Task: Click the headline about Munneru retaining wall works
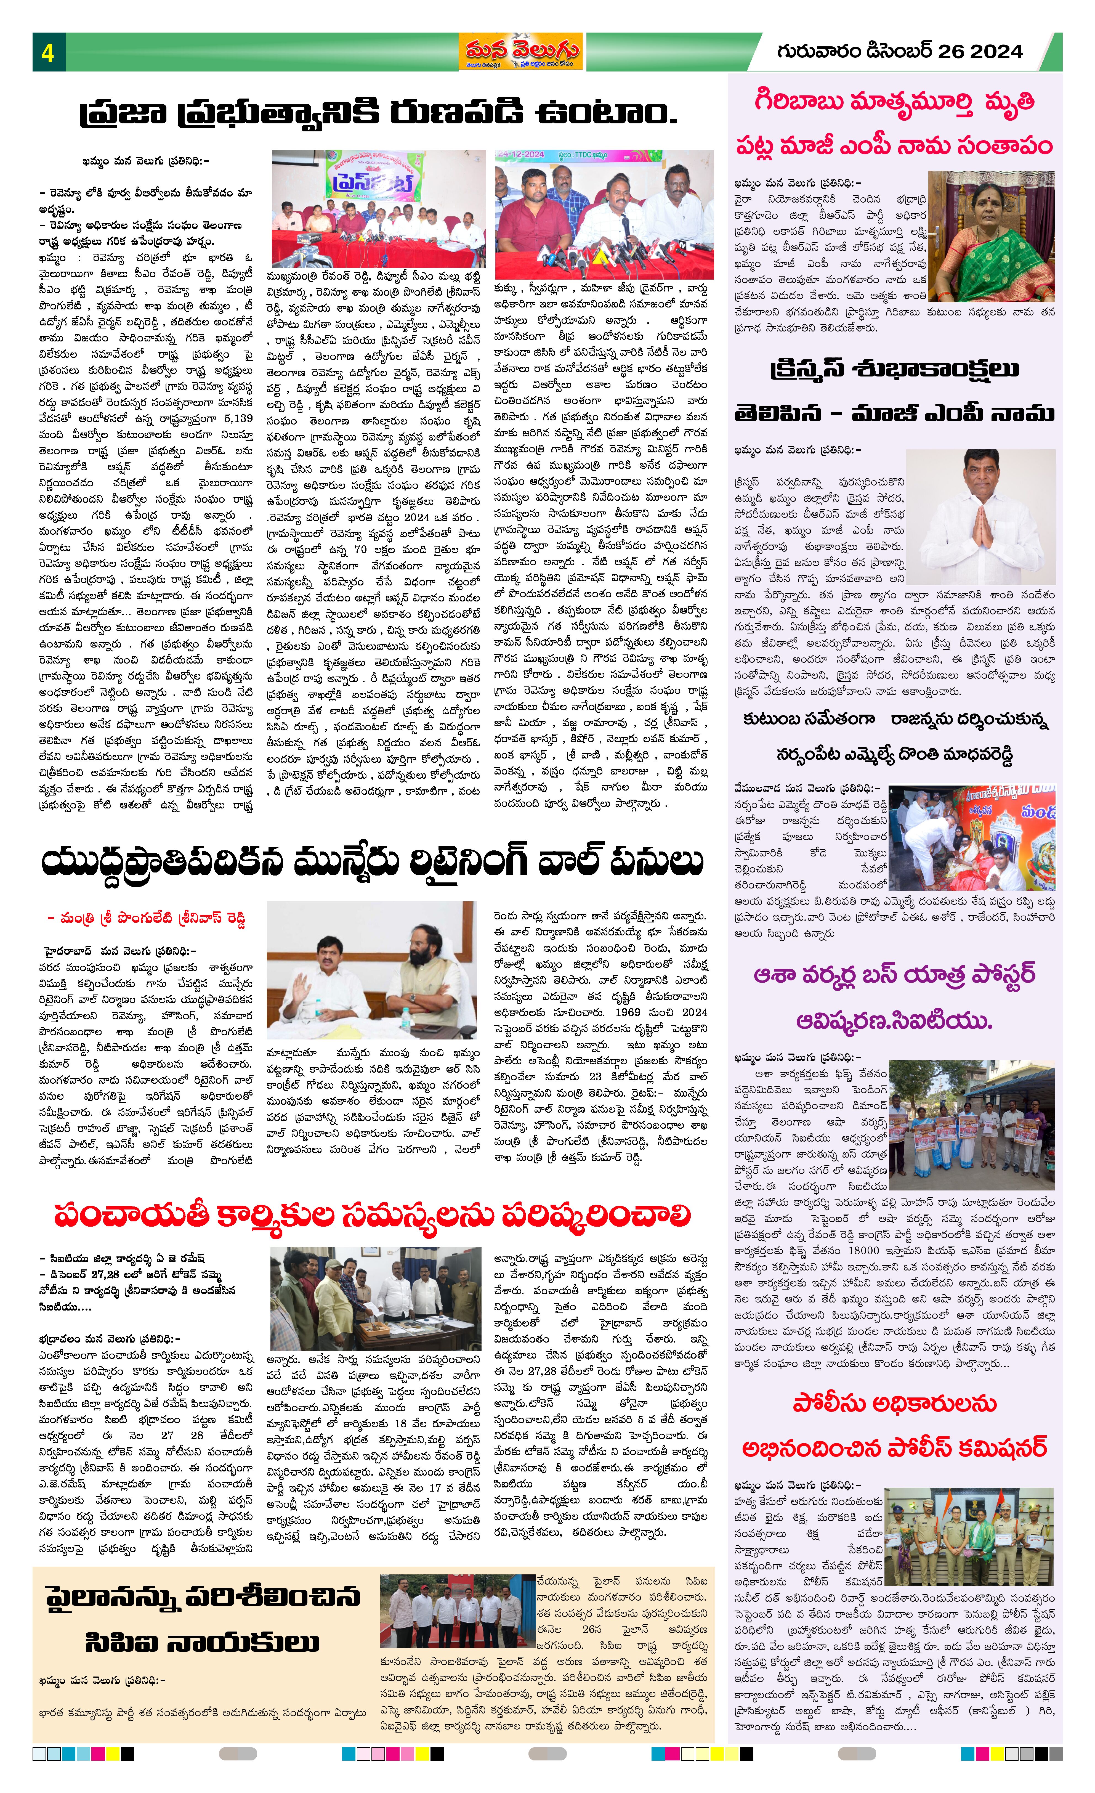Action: click(x=373, y=863)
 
